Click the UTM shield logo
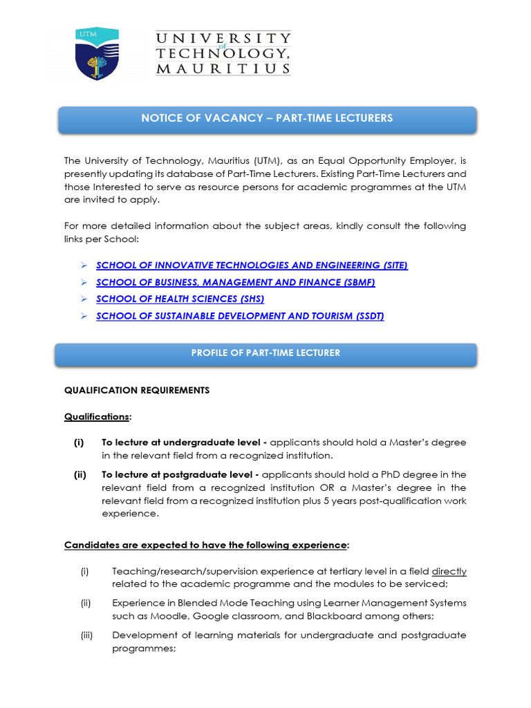point(97,54)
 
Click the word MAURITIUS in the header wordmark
point(223,68)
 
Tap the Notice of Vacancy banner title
point(267,118)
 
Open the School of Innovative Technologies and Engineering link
point(252,265)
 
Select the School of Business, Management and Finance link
point(235,282)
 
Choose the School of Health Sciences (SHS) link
point(180,299)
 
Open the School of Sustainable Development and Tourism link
point(240,316)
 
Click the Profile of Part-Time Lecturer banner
point(265,353)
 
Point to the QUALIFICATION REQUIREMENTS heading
point(137,391)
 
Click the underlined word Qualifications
point(97,417)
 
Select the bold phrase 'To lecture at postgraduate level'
point(180,474)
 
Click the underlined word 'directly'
point(449,571)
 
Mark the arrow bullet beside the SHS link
point(83,299)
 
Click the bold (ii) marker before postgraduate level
point(80,474)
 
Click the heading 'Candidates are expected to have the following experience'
point(205,545)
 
